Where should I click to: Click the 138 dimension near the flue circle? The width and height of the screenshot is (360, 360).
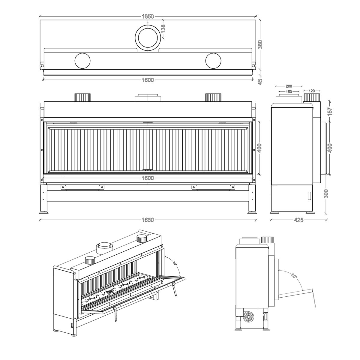click(x=163, y=29)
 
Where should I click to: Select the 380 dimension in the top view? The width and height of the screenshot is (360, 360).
click(x=260, y=44)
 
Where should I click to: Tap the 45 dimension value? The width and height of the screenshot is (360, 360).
click(x=260, y=82)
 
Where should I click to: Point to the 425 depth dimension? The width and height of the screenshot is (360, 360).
click(x=298, y=220)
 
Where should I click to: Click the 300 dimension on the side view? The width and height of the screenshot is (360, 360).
click(x=326, y=194)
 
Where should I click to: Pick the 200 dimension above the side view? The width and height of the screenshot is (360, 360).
click(x=289, y=86)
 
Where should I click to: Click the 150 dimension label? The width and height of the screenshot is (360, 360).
click(x=289, y=92)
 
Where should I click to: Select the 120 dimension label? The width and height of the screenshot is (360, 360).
click(x=312, y=91)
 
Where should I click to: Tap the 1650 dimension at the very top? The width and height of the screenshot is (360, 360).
click(x=148, y=16)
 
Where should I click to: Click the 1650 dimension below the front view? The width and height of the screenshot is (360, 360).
click(x=148, y=220)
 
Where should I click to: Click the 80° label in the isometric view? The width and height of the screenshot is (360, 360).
click(x=175, y=264)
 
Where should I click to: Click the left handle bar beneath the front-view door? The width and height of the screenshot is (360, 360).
click(x=82, y=187)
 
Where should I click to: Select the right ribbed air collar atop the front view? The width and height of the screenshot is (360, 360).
click(x=213, y=97)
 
